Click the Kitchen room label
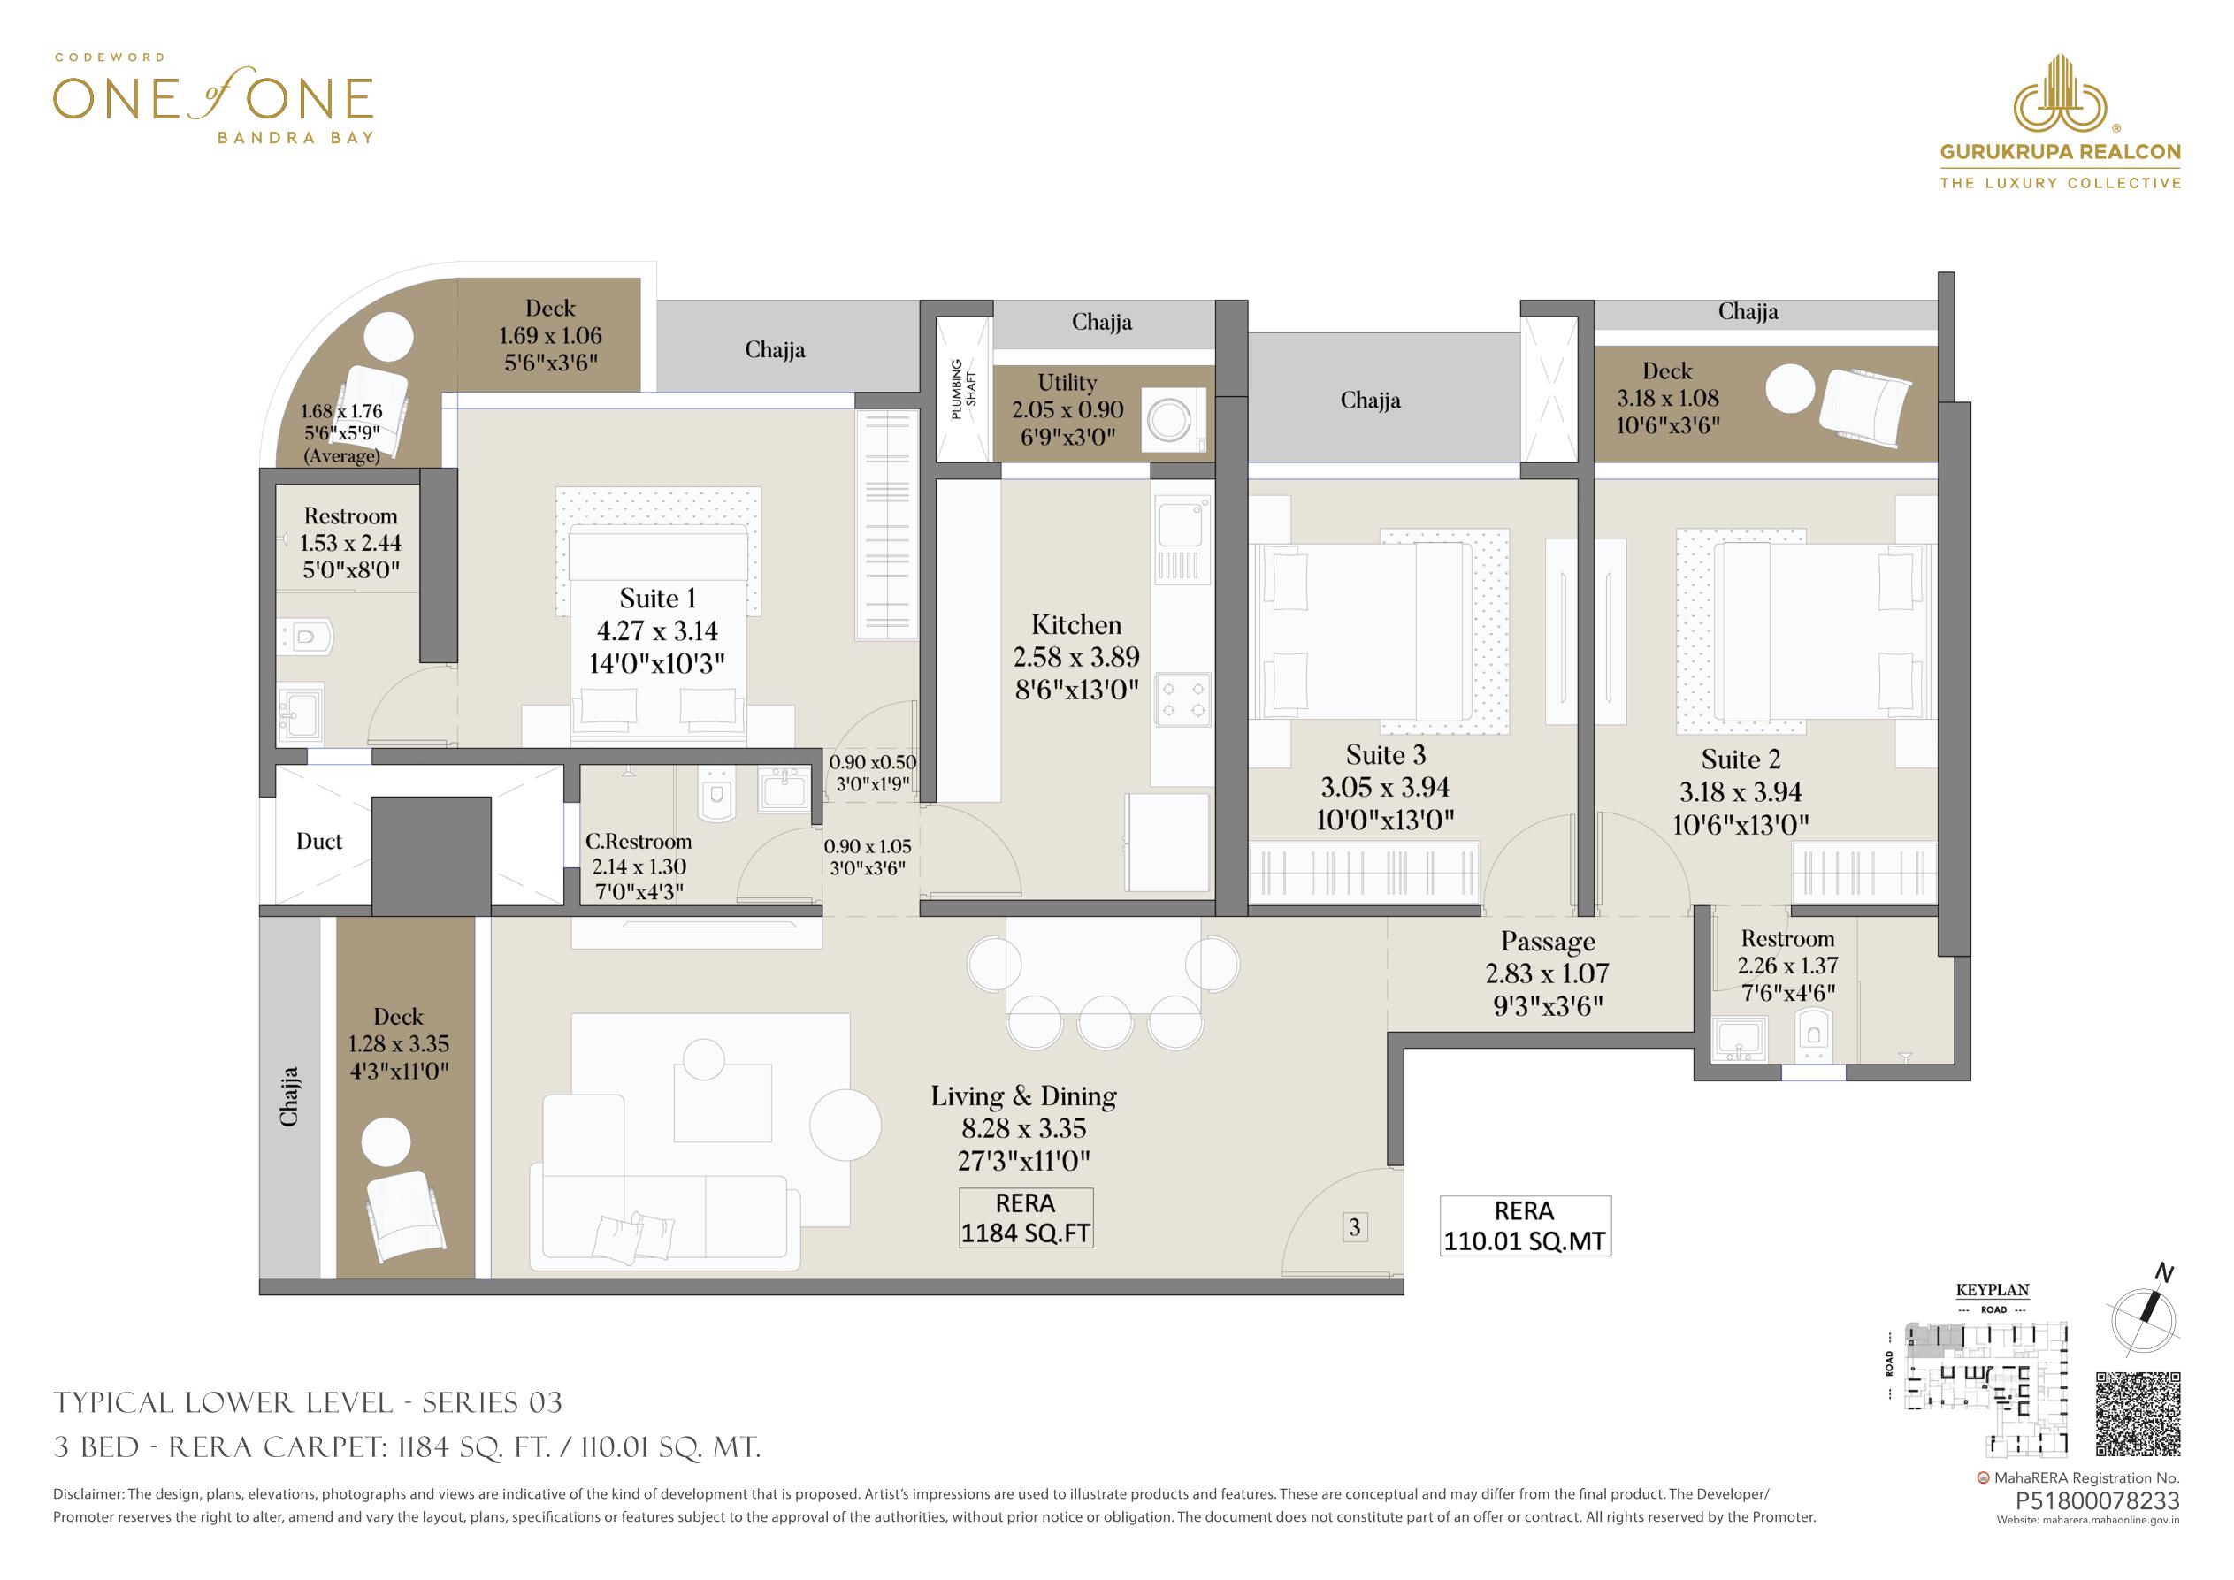[1076, 624]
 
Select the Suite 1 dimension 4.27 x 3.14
[658, 631]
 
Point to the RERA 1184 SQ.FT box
[1026, 1218]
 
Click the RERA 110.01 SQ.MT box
[1525, 1225]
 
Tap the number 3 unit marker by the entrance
[1354, 1228]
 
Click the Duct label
[319, 842]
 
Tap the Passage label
[1548, 942]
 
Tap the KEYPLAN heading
[1993, 1291]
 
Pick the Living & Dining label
[1023, 1096]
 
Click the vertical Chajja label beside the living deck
[289, 1097]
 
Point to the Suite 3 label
[1386, 755]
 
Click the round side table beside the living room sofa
[845, 1125]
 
